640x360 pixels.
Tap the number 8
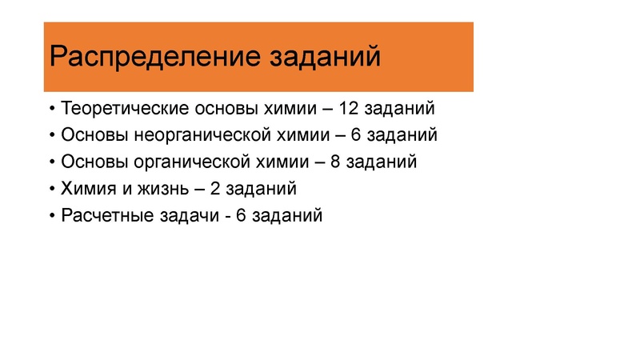click(x=336, y=162)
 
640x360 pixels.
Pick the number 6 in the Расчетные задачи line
click(x=242, y=215)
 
